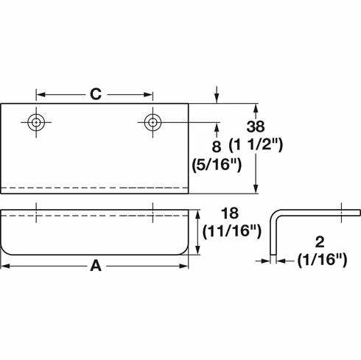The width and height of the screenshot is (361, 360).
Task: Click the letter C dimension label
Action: [x=95, y=93]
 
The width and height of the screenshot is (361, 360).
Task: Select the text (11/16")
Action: [x=232, y=233]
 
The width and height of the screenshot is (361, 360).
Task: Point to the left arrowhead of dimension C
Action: [x=41, y=94]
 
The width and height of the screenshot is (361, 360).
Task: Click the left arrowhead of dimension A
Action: [x=5, y=268]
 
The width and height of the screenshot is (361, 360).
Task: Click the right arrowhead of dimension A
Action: [x=185, y=268]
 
